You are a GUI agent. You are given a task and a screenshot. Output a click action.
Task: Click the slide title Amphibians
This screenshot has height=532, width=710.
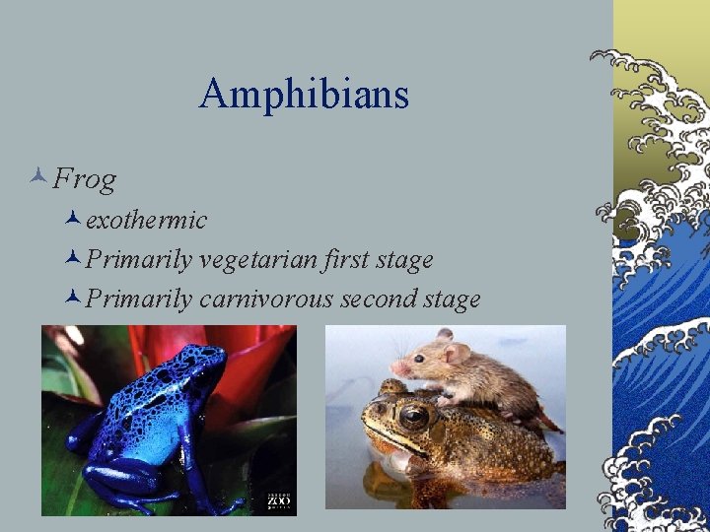pos(304,95)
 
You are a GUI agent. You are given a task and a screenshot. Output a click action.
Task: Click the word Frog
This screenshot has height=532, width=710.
pos(85,179)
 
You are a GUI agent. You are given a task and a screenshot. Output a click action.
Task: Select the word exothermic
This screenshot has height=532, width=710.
pos(146,220)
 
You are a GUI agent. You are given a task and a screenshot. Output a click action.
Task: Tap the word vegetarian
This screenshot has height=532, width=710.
pos(258,260)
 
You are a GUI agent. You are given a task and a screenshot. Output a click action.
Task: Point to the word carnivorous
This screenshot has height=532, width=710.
pos(266,299)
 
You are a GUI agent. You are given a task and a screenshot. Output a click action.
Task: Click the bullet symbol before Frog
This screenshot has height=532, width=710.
pos(38,179)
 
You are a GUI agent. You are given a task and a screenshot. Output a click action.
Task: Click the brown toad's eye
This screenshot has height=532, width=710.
pos(414,417)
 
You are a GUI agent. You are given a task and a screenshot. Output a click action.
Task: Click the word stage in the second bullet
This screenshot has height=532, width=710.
pos(403,261)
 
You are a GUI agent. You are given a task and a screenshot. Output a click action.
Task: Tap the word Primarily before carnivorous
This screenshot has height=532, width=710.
pos(139,299)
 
